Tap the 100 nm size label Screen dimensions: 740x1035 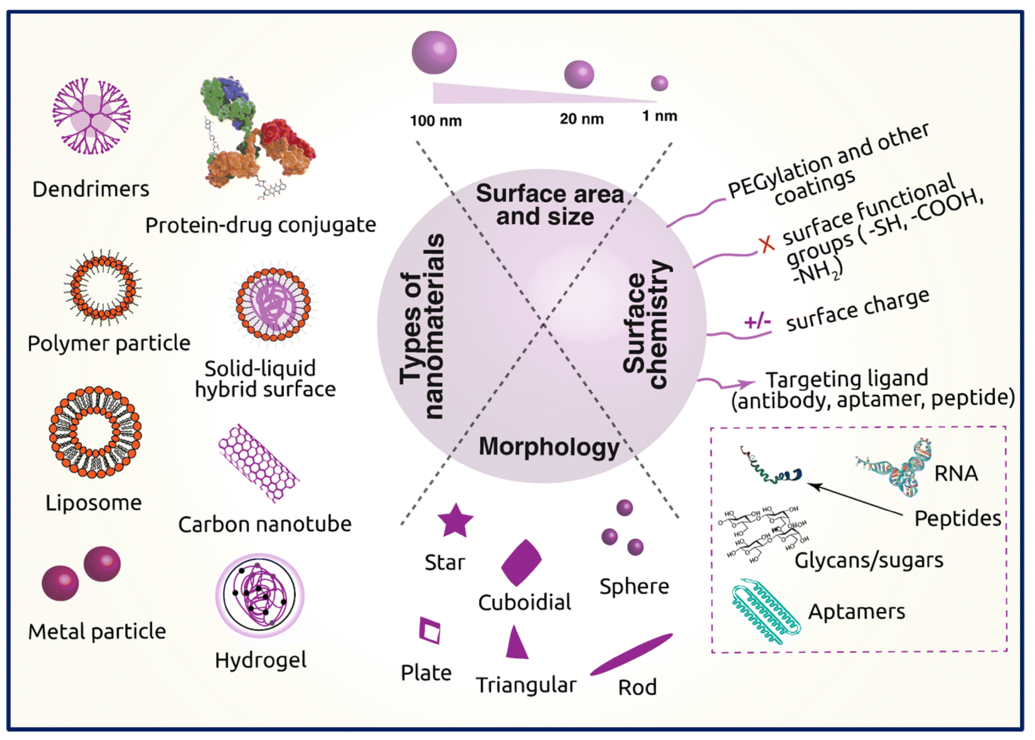(x=435, y=121)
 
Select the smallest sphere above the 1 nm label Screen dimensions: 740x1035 (x=659, y=83)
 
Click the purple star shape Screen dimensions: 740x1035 (x=455, y=521)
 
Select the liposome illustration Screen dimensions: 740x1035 (x=95, y=432)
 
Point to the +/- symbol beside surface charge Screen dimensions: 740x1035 (x=757, y=322)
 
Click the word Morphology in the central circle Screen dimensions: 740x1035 (x=549, y=447)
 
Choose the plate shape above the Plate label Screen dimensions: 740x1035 (x=430, y=631)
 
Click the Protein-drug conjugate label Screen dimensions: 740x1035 (x=260, y=225)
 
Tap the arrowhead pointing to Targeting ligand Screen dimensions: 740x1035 (x=748, y=384)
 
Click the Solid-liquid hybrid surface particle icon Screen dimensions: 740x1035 (x=273, y=304)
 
